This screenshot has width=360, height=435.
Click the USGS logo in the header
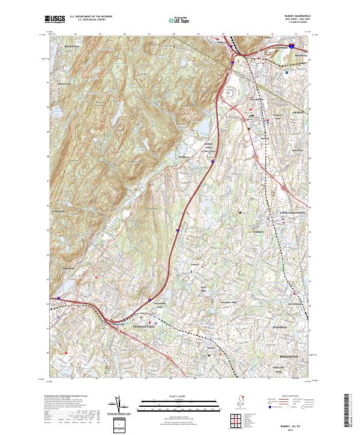(x=55, y=20)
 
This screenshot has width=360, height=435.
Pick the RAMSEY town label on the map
(x=258, y=232)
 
